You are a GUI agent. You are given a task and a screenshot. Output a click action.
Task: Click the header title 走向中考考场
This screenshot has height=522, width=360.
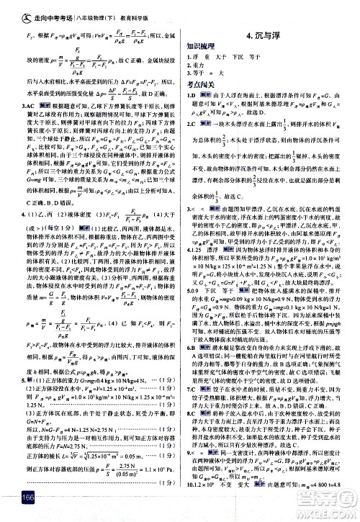coord(35,9)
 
